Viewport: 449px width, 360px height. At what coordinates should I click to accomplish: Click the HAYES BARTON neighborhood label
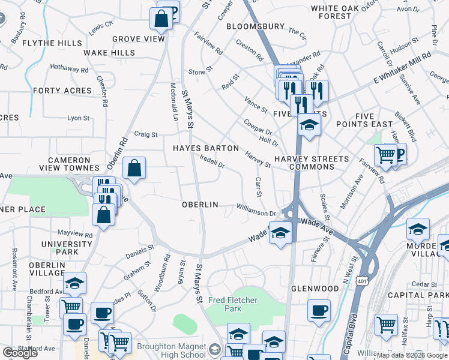coord(206,148)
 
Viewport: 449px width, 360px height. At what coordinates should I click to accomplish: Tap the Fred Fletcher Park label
coord(224,304)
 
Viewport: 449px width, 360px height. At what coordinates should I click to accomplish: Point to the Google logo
coord(20,353)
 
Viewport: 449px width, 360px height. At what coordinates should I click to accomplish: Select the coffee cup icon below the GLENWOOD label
coord(319,310)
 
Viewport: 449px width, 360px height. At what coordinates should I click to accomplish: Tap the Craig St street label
coord(146,134)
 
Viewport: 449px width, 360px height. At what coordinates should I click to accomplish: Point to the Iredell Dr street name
coord(212,162)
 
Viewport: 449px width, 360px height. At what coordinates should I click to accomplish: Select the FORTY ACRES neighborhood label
coord(62,91)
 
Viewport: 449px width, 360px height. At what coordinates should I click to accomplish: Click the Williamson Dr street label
coord(256,211)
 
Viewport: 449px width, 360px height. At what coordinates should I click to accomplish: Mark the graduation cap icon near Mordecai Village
coord(418,229)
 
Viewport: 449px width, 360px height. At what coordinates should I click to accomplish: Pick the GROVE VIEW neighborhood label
coord(138,39)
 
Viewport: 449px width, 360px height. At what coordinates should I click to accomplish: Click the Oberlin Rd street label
coord(117,152)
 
